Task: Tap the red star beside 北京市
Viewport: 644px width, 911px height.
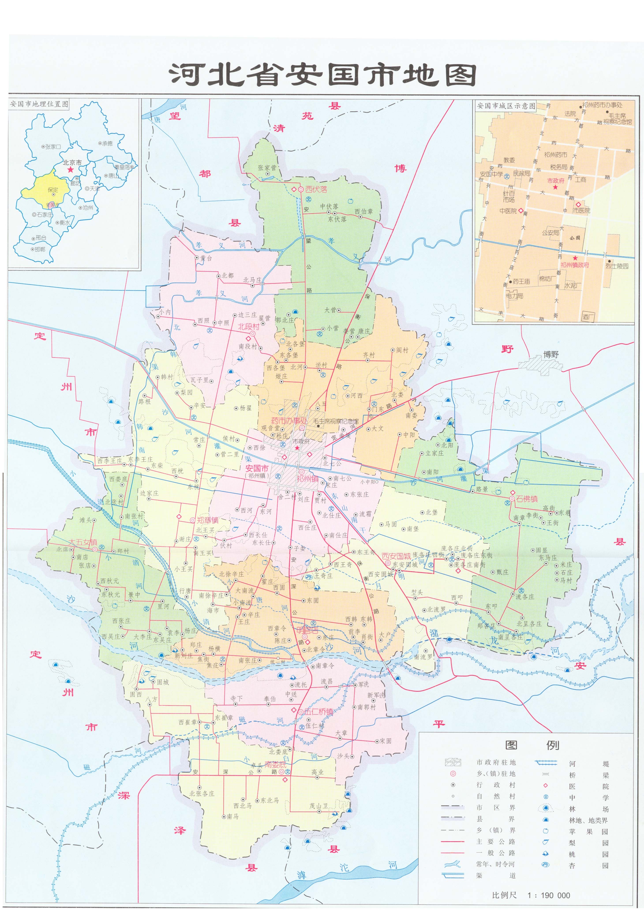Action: tap(71, 170)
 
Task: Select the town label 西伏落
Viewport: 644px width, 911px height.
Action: tap(316, 190)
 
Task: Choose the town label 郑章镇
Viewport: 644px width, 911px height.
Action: tap(208, 520)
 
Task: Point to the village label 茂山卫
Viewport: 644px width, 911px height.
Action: tap(319, 806)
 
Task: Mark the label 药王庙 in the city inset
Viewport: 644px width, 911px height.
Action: tap(521, 281)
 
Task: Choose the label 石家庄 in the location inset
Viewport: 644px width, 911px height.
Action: tap(45, 215)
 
